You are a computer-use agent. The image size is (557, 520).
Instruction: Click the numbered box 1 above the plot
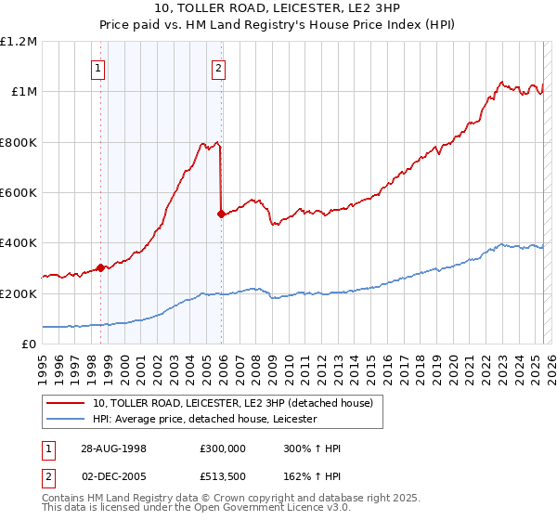pos(98,67)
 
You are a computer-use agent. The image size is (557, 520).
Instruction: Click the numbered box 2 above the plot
pos(218,67)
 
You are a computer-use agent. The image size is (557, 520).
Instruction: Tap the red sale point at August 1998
pos(100,268)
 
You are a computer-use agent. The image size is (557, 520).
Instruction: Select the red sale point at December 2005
pos(221,214)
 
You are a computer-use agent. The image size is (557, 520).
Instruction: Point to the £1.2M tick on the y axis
pos(19,42)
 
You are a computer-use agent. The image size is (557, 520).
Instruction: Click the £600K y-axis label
pos(19,193)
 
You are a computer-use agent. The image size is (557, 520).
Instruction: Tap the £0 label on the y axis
pos(30,344)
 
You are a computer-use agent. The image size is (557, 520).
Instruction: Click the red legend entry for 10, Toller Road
pos(232,403)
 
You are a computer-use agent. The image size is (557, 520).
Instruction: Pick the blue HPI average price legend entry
pos(204,420)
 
